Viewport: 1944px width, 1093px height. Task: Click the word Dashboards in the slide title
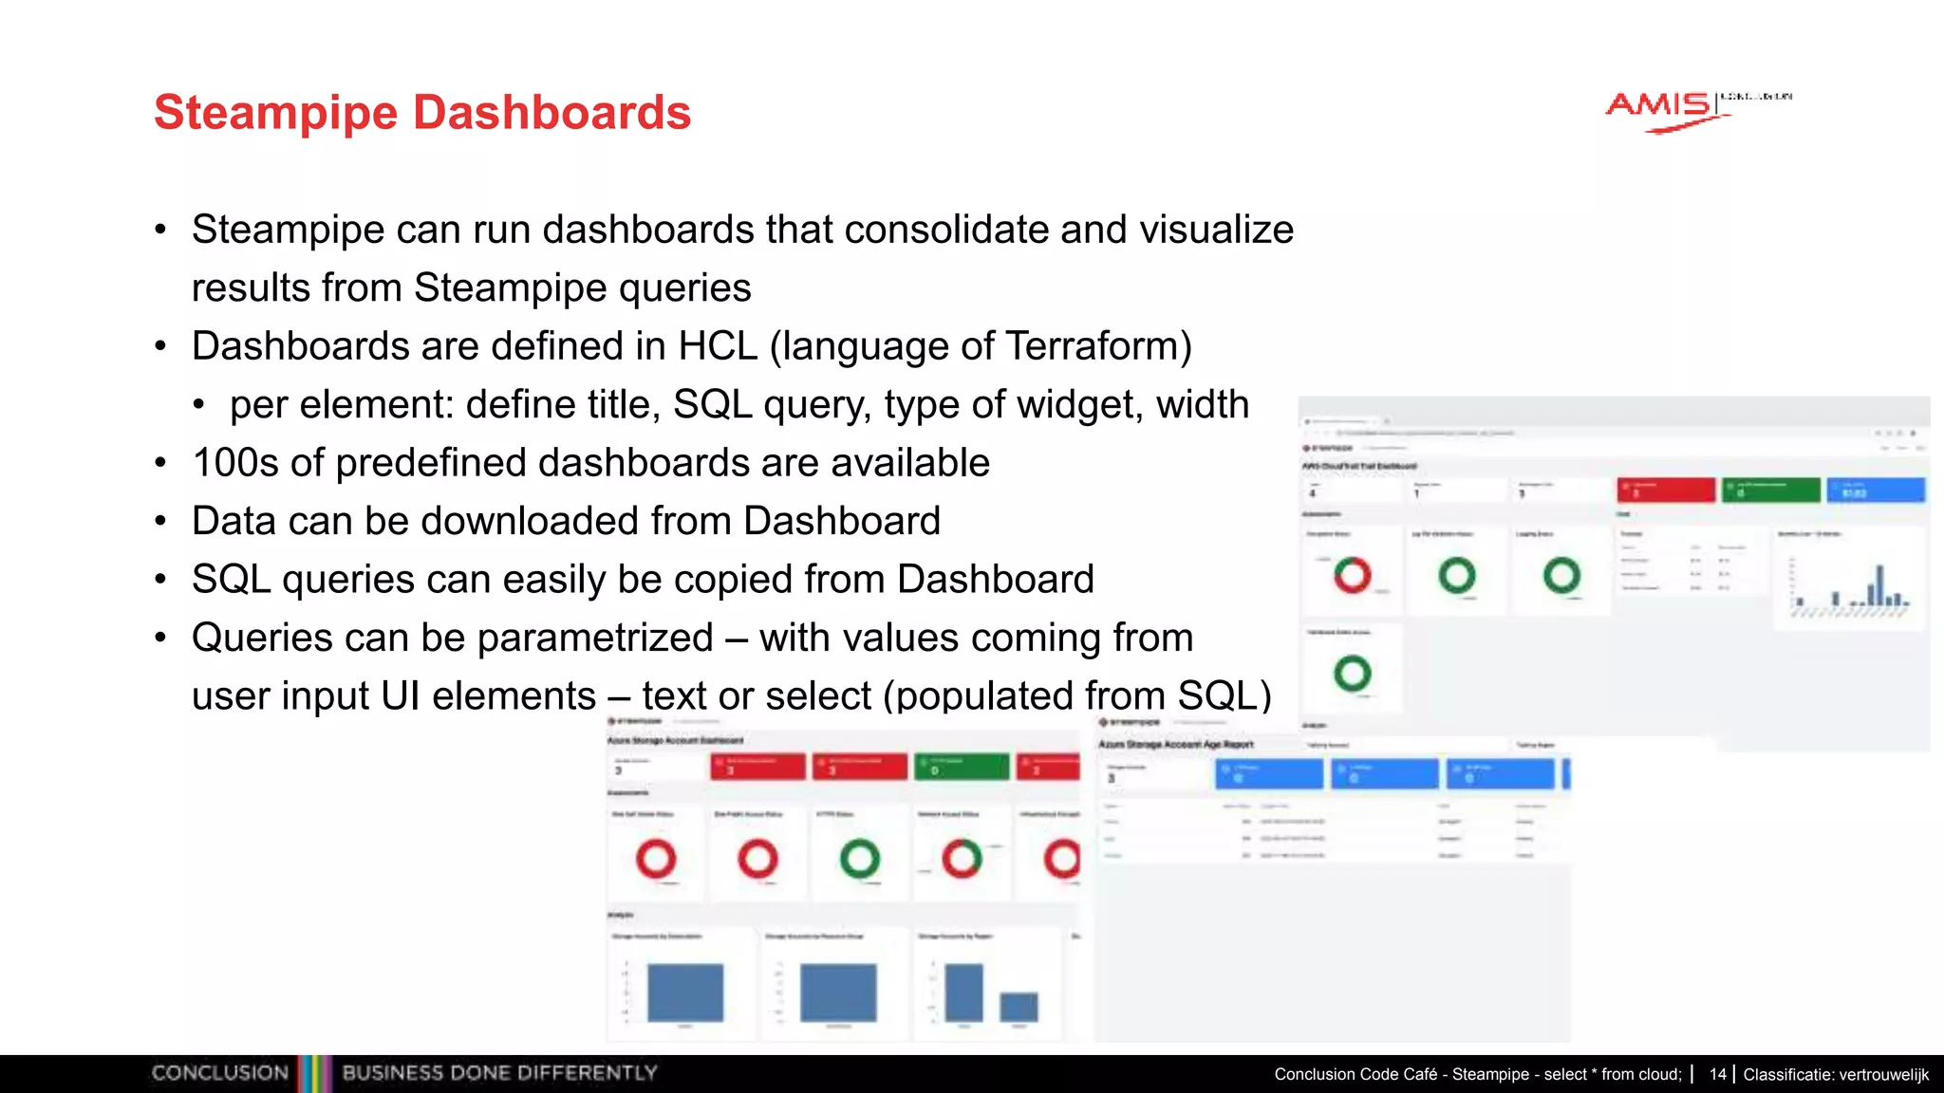(x=551, y=113)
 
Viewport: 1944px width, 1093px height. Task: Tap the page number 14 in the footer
(x=1717, y=1074)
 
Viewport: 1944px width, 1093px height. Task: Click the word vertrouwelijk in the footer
(x=1883, y=1074)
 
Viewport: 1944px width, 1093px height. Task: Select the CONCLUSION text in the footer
(x=219, y=1073)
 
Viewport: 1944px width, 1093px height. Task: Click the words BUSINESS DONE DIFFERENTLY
(x=499, y=1073)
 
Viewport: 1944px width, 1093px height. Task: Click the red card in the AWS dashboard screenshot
(x=1666, y=490)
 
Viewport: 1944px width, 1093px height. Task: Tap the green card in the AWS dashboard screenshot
(x=1770, y=490)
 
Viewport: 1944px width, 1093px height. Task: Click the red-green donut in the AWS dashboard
(x=1353, y=575)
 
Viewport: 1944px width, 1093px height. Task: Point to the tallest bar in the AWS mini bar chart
(x=1879, y=584)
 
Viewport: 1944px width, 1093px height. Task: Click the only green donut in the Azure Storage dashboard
(x=859, y=859)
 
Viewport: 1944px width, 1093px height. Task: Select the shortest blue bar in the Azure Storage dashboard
(x=1019, y=1007)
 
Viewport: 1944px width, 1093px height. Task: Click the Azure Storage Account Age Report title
(x=1176, y=745)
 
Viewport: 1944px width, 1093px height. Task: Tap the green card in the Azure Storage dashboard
(x=961, y=767)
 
